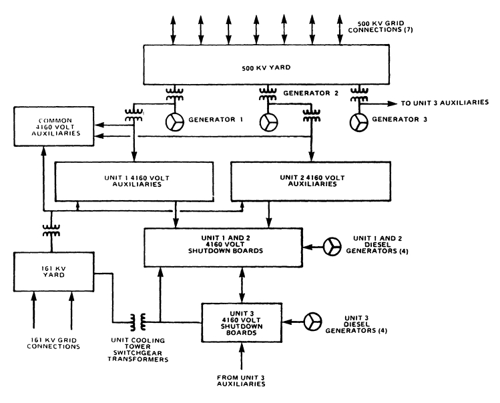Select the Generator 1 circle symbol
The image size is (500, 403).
175,122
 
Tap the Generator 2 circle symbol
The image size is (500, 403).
270,122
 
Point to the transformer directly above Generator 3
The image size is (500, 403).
360,93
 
